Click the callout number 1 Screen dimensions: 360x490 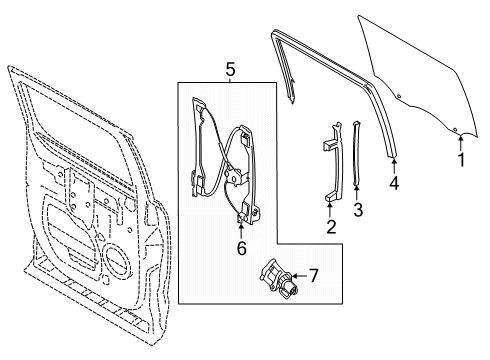461,159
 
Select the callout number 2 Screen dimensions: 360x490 331,226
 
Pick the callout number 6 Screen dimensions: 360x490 241,247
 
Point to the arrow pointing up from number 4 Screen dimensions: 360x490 393,164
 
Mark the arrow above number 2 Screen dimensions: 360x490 331,208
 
